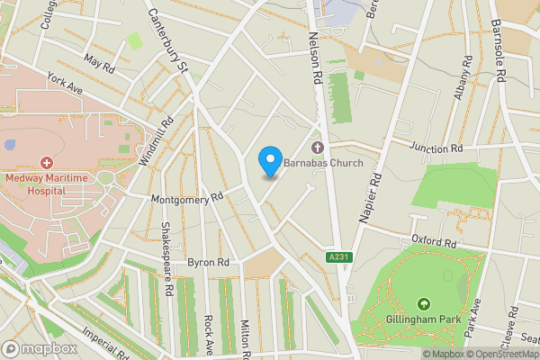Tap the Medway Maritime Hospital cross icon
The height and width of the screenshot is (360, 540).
pos(46,163)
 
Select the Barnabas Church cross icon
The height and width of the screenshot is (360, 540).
pos(317,147)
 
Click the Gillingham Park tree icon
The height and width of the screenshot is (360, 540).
pos(424,306)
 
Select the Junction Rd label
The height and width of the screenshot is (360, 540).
pos(435,148)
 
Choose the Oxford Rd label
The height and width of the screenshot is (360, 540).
pos(436,240)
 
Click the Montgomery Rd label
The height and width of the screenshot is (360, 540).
pos(186,197)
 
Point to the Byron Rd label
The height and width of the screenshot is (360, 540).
pos(208,262)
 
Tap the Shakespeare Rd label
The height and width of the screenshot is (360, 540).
pos(166,261)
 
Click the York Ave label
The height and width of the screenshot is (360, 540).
pos(65,85)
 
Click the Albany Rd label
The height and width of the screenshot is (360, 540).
pos(465,78)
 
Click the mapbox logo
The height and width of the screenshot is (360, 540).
pos(40,348)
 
